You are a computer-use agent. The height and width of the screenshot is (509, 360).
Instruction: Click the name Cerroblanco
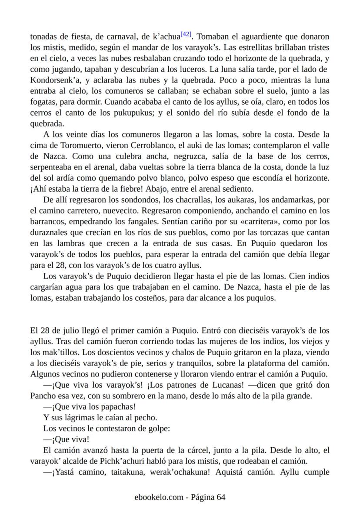coord(158,145)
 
